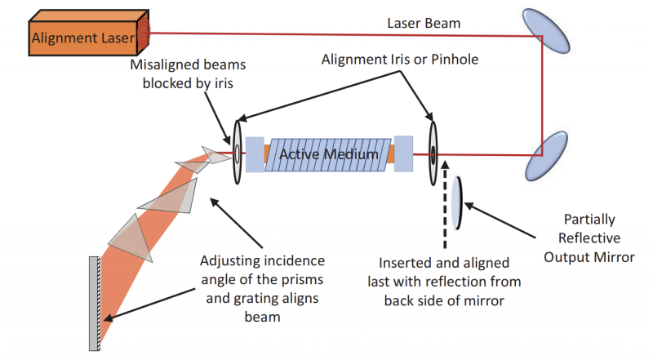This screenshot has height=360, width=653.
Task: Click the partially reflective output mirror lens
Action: pyautogui.click(x=457, y=202)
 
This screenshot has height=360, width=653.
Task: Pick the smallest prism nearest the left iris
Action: pyautogui.click(x=217, y=154)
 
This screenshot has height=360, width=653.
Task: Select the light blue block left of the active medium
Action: pyautogui.click(x=254, y=153)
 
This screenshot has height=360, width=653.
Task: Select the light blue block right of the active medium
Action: pyautogui.click(x=404, y=153)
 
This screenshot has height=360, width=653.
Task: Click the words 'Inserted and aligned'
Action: pyautogui.click(x=443, y=263)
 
